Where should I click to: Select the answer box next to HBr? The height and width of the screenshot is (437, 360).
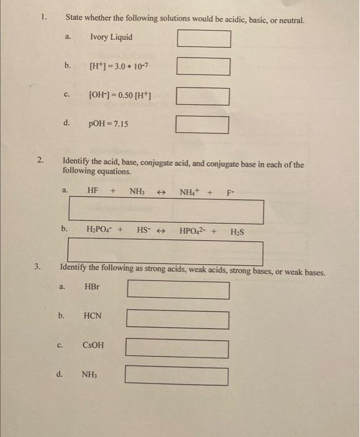178,290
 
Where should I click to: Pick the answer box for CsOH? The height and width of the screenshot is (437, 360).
177,348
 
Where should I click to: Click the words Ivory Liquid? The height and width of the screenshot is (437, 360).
111,37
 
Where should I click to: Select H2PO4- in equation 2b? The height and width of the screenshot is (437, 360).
100,230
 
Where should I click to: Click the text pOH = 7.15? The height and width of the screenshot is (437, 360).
109,124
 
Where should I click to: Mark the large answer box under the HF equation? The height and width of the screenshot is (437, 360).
166,210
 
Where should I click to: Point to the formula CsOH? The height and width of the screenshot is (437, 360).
94,345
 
